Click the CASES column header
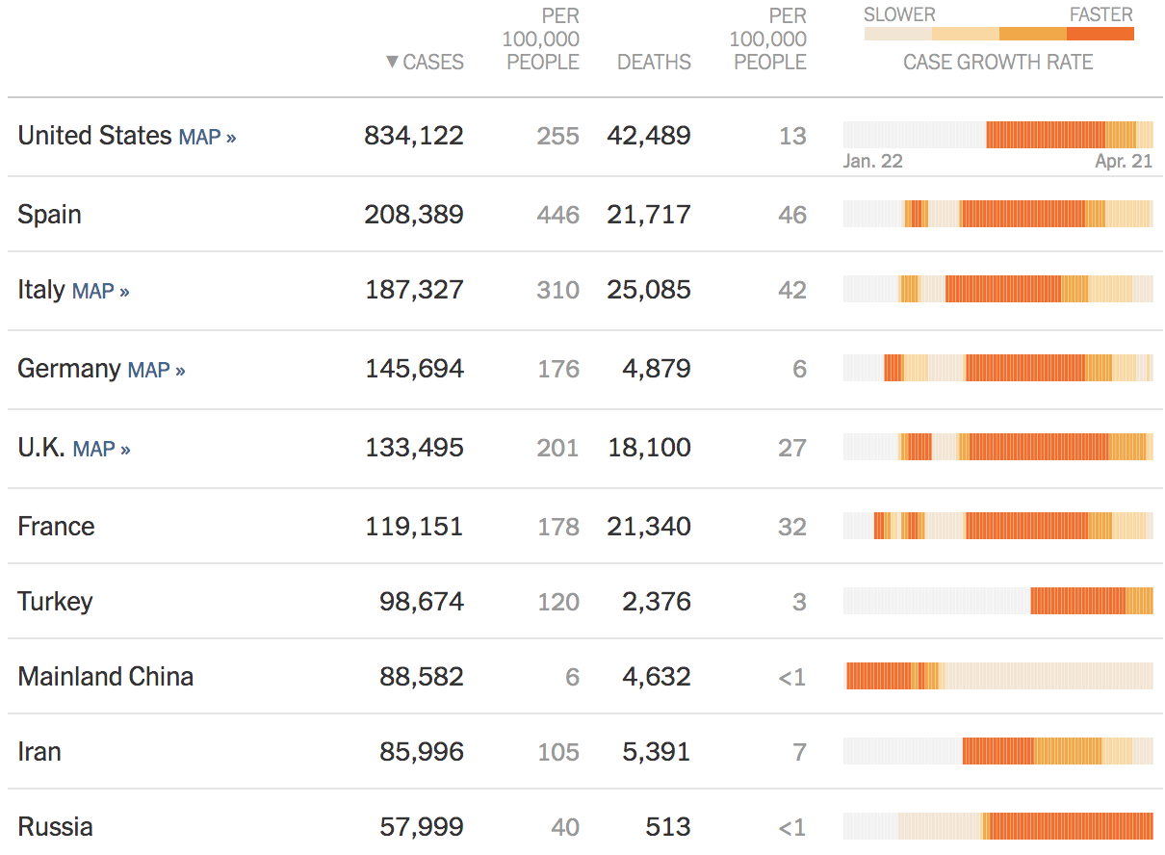coord(432,63)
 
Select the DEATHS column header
coord(654,63)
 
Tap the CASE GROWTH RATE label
coord(997,63)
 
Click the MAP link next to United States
coord(207,137)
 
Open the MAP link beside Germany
coord(156,370)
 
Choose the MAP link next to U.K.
coord(101,449)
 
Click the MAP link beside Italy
coord(100,291)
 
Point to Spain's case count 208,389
coord(414,214)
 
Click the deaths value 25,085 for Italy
coord(649,290)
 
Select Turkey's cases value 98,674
coord(422,602)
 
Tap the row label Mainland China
coord(105,677)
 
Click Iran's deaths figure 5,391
coord(657,752)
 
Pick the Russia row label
coord(55,827)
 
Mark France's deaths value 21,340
coord(649,527)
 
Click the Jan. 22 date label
coord(872,161)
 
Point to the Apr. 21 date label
coord(1124,161)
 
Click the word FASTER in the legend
coord(1100,14)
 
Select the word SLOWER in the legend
coord(899,14)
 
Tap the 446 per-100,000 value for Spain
coord(558,215)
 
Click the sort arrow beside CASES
coord(392,63)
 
